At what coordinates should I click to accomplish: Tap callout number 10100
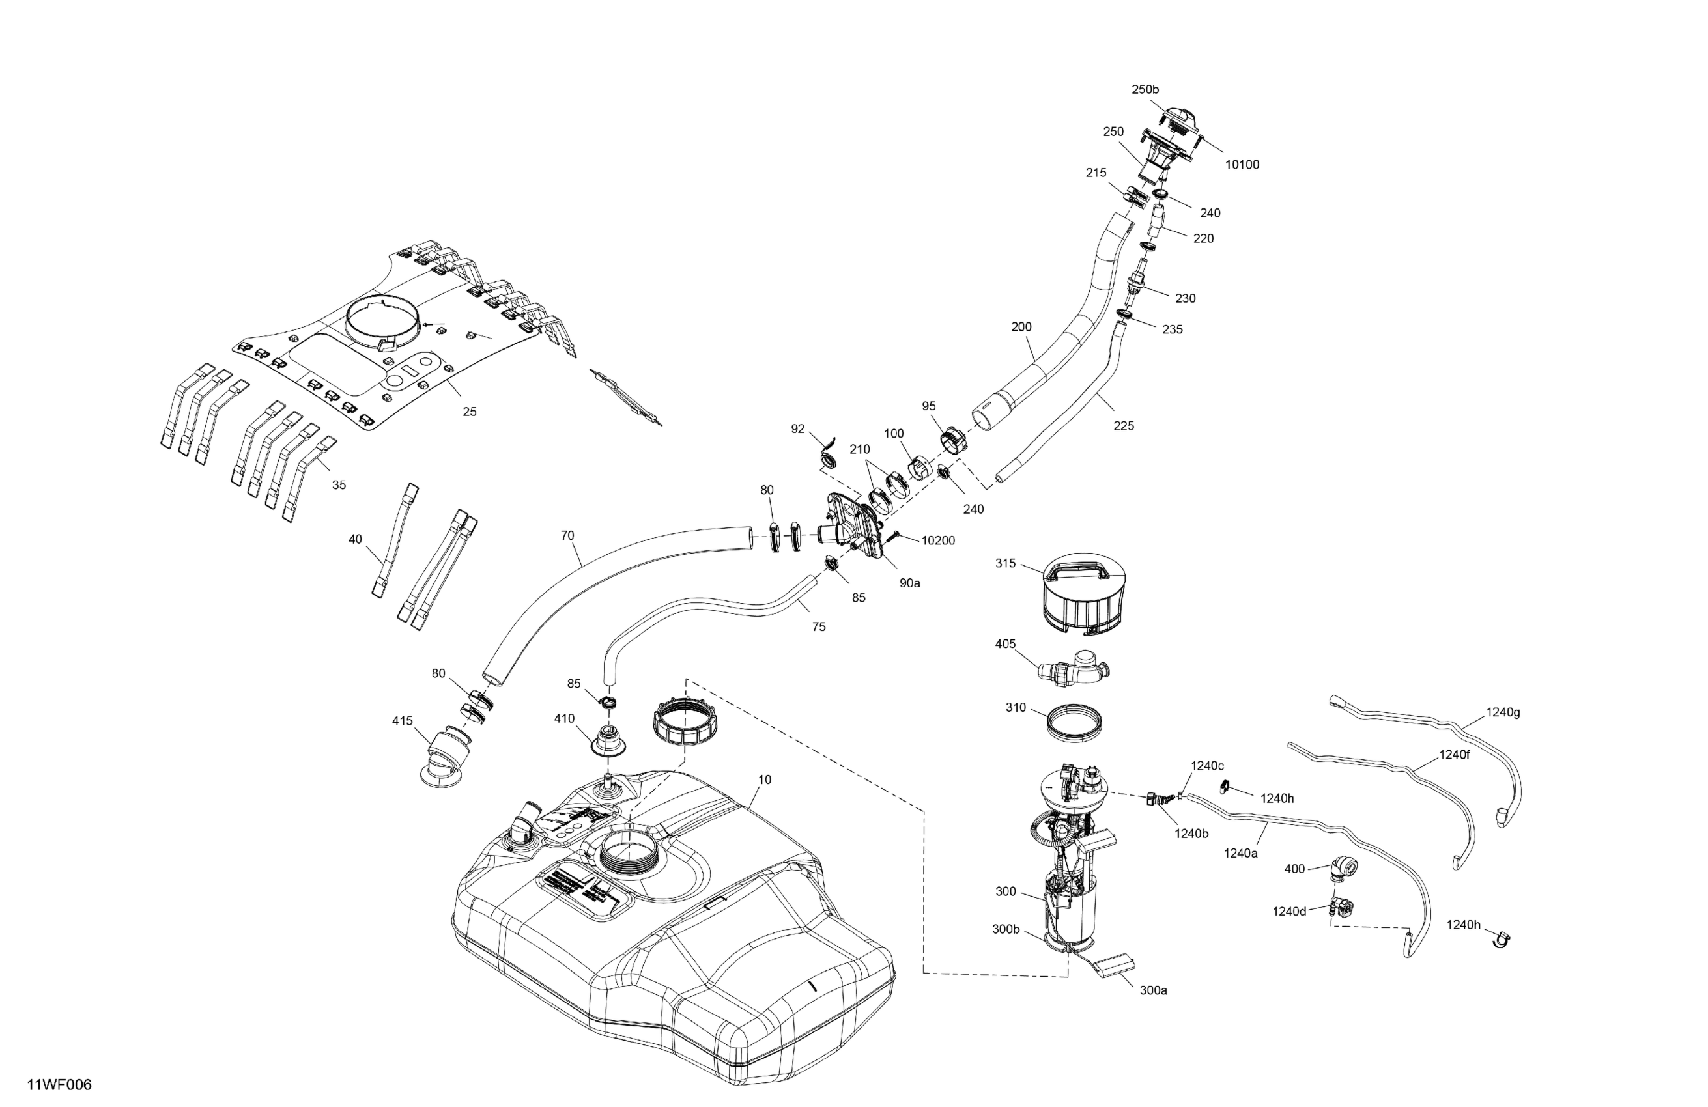1242,165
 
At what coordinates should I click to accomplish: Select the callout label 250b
1145,90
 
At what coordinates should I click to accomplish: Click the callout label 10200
938,540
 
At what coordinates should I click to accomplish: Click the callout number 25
469,412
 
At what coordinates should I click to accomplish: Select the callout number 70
567,535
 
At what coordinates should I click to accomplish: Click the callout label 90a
909,583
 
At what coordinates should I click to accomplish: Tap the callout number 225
1123,425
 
